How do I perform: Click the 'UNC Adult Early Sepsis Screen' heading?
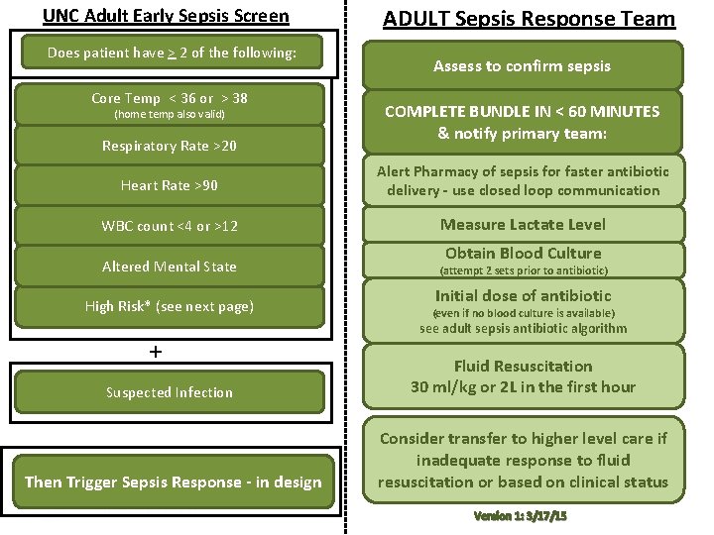point(166,16)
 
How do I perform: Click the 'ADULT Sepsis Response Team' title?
point(529,19)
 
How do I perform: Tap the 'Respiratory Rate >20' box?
point(169,146)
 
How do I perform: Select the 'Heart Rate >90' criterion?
point(169,185)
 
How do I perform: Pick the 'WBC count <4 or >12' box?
point(169,226)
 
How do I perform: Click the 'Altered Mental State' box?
point(169,267)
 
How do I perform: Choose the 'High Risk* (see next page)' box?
point(169,306)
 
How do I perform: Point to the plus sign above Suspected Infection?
point(155,352)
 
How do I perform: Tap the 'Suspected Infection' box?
point(169,392)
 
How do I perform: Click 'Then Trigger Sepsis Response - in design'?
point(173,481)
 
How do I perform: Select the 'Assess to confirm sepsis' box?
point(522,66)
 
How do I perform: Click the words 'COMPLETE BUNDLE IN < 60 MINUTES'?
point(522,111)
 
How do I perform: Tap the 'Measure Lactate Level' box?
point(523,224)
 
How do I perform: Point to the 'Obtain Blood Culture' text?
point(523,253)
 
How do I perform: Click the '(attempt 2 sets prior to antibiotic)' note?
point(523,270)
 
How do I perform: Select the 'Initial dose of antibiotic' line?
point(523,295)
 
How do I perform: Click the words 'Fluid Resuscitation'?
point(523,366)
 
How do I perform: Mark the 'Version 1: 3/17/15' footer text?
point(522,517)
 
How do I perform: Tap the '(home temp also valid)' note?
point(169,114)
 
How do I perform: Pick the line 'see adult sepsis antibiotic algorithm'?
point(523,328)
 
